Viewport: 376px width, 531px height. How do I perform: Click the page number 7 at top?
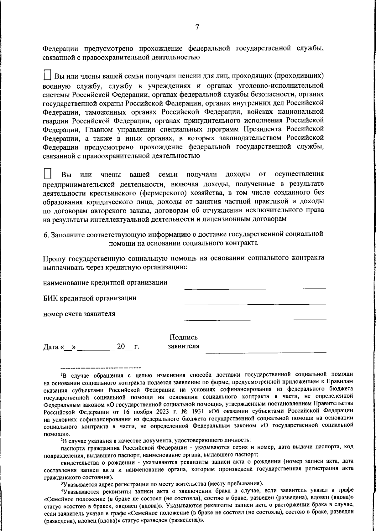click(197, 28)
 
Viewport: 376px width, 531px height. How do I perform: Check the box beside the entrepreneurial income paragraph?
click(47, 174)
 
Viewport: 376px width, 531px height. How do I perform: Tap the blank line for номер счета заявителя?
click(255, 319)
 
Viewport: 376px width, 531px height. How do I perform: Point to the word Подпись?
click(183, 338)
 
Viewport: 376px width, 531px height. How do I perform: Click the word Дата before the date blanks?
click(51, 347)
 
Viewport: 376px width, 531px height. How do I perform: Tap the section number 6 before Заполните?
click(45, 234)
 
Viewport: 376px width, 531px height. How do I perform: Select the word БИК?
click(50, 298)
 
